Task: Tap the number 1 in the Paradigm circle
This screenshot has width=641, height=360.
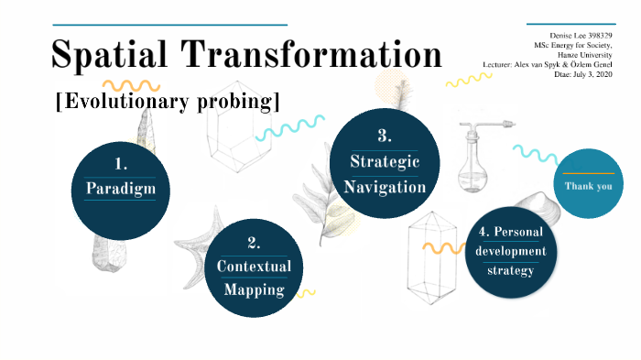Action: [x=121, y=164]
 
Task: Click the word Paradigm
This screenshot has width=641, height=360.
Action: [x=121, y=190]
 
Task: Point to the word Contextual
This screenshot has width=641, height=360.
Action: [x=254, y=267]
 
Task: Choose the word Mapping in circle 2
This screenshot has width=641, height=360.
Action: [x=254, y=291]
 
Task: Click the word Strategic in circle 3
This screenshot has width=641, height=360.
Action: [x=385, y=162]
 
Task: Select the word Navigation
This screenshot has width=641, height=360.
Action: [x=385, y=187]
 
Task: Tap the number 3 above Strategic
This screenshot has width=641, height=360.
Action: [x=385, y=136]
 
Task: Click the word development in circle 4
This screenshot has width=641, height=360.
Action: [x=511, y=251]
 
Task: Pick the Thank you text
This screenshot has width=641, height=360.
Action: [x=588, y=187]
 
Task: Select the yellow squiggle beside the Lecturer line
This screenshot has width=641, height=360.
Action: [x=468, y=81]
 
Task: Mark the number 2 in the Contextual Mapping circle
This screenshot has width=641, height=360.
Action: [x=254, y=243]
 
